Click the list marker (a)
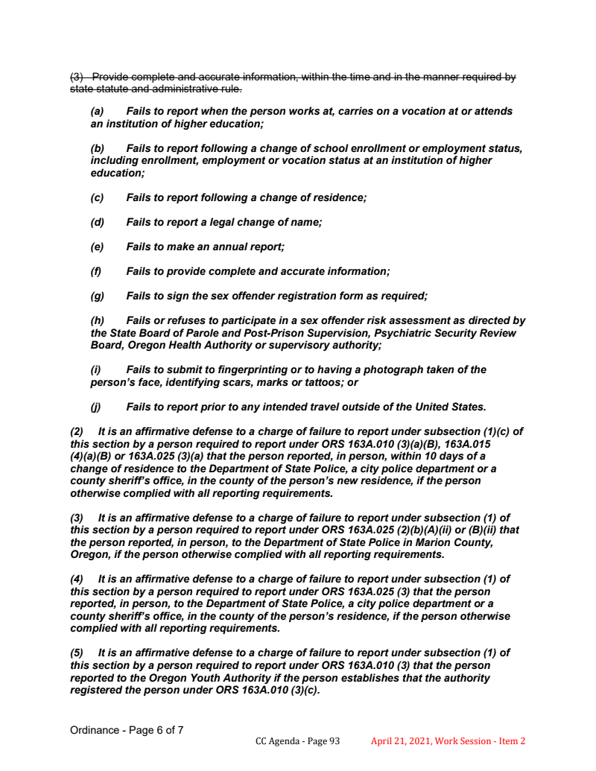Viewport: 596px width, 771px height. point(97,111)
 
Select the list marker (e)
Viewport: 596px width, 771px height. point(97,247)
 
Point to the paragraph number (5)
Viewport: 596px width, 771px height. point(77,653)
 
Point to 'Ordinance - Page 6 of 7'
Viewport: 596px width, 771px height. point(127,730)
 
